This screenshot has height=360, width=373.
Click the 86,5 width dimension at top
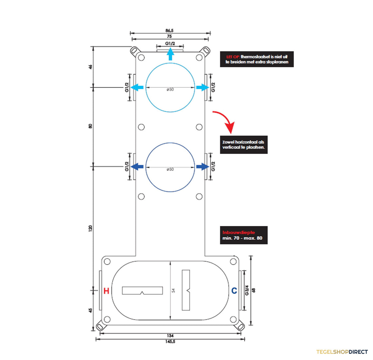pos(169,30)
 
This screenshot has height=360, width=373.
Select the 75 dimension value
pos(169,36)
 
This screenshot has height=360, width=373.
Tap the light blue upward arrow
pos(170,54)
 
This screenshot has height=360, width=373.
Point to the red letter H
pos(106,291)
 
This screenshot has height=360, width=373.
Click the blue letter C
pos(234,291)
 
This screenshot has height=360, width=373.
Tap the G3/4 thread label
pos(247,290)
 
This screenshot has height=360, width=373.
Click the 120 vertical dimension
pos(90,228)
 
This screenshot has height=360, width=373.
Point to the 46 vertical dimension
pos(90,67)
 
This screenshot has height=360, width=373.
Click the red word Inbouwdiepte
pos(238,232)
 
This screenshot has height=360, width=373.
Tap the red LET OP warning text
pos(233,57)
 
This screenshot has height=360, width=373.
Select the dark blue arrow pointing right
pos(203,167)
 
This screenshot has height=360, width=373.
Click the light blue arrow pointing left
pos(137,87)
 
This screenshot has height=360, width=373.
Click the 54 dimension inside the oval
pos(173,290)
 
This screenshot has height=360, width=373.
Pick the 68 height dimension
pos(254,290)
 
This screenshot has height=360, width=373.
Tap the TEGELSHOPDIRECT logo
pos(342,352)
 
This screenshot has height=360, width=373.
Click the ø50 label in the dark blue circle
pos(170,169)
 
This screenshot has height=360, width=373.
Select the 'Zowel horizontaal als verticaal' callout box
pos(244,145)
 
